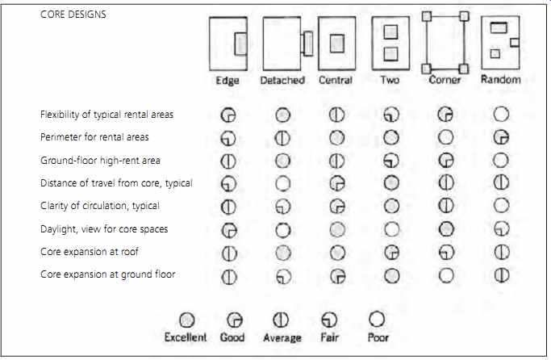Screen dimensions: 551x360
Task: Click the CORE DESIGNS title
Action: [x=73, y=15]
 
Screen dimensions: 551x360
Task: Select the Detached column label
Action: [x=282, y=80]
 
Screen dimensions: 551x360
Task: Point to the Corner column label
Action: [x=445, y=80]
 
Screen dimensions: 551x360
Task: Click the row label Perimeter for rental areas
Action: [x=94, y=137]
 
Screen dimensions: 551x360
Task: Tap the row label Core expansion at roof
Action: [x=90, y=252]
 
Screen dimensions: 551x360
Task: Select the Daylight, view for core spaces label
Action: [x=104, y=229]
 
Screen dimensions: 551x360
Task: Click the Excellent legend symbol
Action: [x=186, y=320]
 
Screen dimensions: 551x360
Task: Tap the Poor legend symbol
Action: [x=377, y=319]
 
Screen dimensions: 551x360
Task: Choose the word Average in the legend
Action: [x=282, y=338]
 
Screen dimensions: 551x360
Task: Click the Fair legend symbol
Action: [x=329, y=320]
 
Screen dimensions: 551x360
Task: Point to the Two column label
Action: [x=390, y=80]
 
